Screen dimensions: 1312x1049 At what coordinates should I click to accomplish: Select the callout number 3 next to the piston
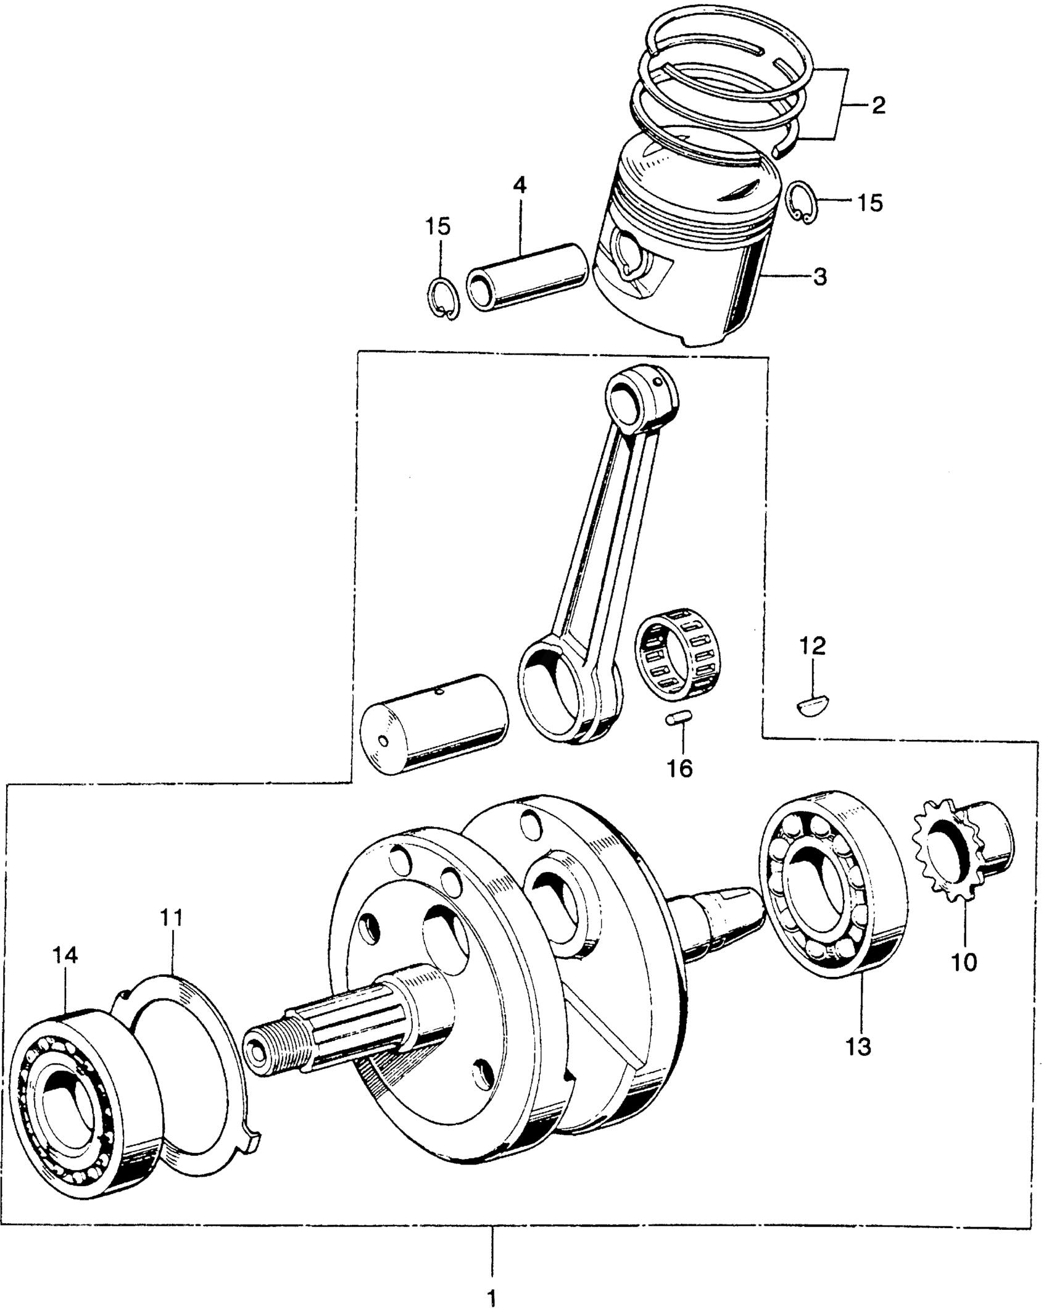point(819,277)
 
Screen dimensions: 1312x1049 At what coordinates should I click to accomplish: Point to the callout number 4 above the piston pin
point(520,185)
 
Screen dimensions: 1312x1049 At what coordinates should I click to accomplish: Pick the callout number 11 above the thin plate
point(172,936)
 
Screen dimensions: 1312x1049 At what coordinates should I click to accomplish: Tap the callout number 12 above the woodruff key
point(812,646)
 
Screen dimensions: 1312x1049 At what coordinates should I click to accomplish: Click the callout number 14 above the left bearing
point(65,973)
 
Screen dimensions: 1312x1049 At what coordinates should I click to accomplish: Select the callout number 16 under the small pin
point(680,768)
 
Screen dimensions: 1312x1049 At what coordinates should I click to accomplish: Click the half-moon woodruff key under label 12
point(813,705)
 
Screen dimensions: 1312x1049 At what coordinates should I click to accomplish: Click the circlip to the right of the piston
point(804,202)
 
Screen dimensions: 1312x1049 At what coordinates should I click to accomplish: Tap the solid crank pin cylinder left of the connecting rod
point(434,724)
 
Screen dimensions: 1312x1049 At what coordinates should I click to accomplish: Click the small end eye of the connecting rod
point(637,397)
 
